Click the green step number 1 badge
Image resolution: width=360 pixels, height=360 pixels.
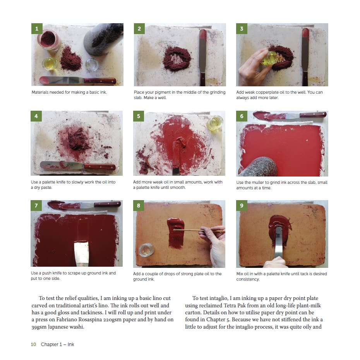click(37, 29)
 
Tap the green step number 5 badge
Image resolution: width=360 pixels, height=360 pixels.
click(139, 116)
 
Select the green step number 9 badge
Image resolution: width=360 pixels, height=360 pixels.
click(242, 206)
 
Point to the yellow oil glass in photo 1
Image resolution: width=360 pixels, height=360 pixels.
click(50, 63)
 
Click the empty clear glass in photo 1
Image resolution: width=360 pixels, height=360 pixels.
click(92, 65)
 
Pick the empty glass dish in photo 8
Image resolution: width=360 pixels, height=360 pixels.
click(146, 250)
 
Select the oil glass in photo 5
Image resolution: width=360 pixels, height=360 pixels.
click(215, 123)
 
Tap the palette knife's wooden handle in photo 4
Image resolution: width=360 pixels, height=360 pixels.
click(99, 167)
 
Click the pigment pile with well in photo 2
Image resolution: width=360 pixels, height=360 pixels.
click(177, 59)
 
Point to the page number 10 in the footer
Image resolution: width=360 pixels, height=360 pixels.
click(33, 345)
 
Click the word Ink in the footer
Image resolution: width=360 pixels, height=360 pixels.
click(71, 345)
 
